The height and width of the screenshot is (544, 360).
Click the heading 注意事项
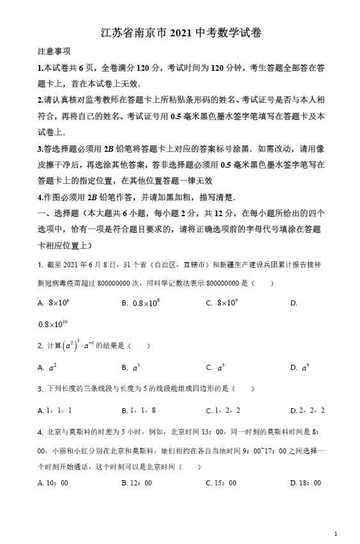click(x=54, y=52)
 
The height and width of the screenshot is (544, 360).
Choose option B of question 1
click(x=140, y=304)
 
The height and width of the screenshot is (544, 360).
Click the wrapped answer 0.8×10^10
click(x=52, y=325)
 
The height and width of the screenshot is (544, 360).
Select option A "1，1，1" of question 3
click(x=55, y=410)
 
